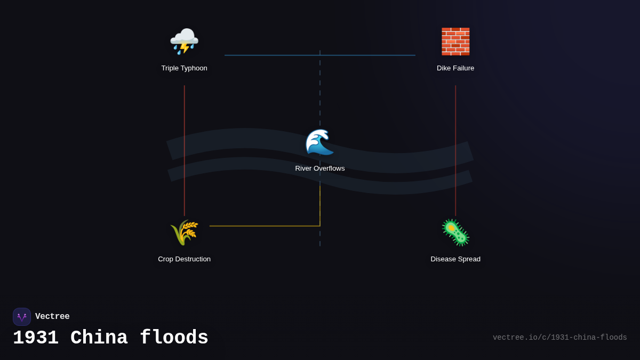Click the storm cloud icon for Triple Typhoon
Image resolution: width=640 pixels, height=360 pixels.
click(x=184, y=41)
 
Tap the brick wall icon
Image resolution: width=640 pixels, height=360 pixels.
click(x=455, y=41)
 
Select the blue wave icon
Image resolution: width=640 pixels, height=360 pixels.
click(x=319, y=142)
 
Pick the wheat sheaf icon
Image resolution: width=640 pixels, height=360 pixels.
click(x=184, y=233)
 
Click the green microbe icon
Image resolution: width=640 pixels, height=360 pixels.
click(x=455, y=233)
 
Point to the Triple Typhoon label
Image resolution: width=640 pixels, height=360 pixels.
click(x=184, y=68)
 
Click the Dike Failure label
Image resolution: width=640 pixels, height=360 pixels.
click(x=455, y=68)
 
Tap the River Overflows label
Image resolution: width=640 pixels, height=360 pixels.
click(x=320, y=169)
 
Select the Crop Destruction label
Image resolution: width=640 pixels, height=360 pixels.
click(x=184, y=259)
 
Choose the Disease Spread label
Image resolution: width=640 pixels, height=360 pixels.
click(x=455, y=259)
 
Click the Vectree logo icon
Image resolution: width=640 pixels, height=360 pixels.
click(x=22, y=317)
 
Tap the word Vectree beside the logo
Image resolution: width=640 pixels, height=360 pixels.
click(x=52, y=317)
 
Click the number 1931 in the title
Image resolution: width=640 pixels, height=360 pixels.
click(x=36, y=338)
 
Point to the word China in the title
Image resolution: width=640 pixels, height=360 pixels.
click(x=99, y=338)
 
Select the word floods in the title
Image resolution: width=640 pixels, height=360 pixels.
click(x=174, y=338)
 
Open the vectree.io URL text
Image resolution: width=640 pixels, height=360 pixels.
click(x=559, y=338)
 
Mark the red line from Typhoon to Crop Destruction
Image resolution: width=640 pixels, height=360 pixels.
click(x=185, y=149)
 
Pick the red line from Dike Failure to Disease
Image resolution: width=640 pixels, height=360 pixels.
click(x=455, y=149)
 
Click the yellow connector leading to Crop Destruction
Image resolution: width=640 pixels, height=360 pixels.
click(x=267, y=226)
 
